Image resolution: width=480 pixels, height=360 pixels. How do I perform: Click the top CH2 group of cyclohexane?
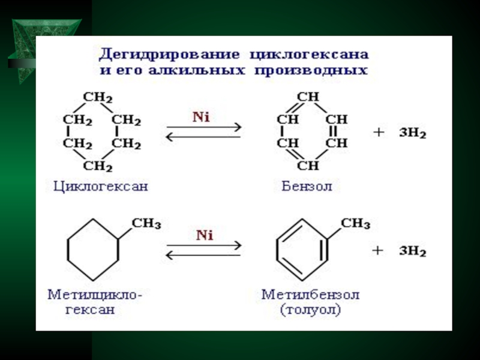coord(98,97)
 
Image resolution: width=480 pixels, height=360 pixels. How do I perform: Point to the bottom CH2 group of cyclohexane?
coord(98,166)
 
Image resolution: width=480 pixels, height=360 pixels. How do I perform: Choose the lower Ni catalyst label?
coord(205,235)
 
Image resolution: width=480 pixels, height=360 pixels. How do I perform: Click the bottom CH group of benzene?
coord(308,166)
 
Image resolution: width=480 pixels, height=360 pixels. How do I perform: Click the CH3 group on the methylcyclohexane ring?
coord(146,224)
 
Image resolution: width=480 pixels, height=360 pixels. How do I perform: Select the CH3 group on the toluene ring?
coord(356,224)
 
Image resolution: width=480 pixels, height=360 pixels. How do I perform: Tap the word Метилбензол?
coord(310,295)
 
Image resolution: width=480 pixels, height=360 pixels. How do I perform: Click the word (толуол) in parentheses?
coord(310,310)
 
